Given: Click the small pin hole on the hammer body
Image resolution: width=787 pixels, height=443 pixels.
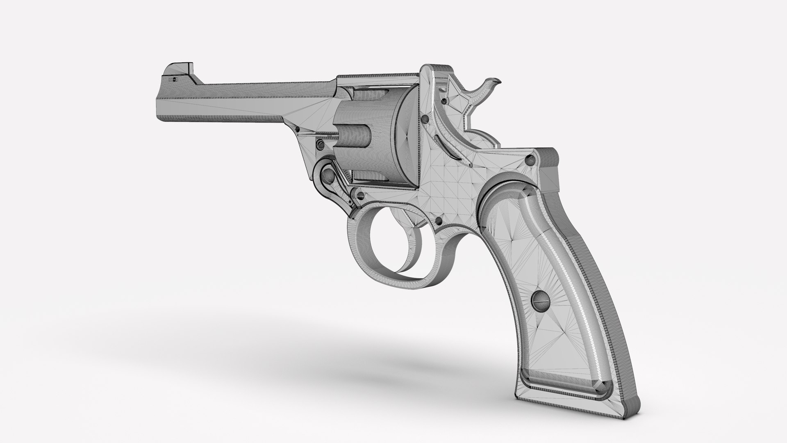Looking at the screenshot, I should [x=443, y=101].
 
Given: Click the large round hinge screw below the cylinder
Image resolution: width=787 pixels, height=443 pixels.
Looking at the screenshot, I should [x=328, y=176].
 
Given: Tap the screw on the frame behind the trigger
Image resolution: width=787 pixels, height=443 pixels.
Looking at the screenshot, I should [x=439, y=221].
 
